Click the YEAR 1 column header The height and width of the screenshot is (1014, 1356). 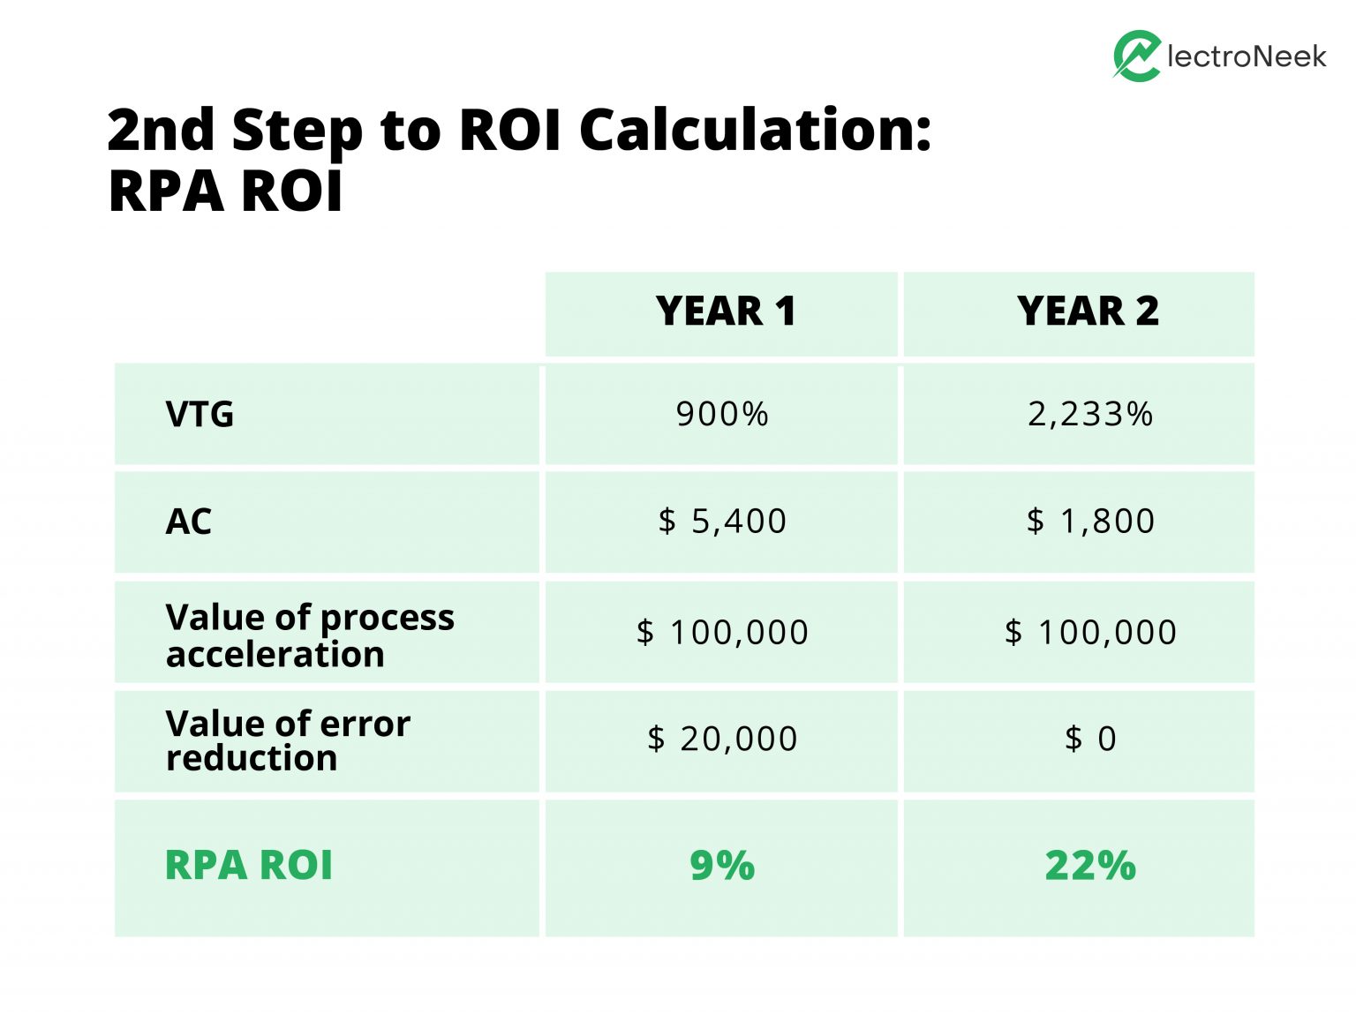(x=725, y=312)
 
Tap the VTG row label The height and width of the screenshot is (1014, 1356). (x=200, y=414)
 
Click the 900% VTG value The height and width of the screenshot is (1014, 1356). (x=722, y=414)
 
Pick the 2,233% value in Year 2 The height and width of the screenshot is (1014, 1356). (x=1089, y=414)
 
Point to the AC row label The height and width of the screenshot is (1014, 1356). (x=188, y=522)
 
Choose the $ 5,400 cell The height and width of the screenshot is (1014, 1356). (x=722, y=522)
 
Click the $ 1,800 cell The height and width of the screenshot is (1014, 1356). (x=1089, y=522)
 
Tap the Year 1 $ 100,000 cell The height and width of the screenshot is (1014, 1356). (x=722, y=633)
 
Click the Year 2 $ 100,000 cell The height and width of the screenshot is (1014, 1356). (x=1089, y=633)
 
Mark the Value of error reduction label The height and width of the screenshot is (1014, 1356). (x=287, y=740)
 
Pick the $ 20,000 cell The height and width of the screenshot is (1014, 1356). (x=722, y=739)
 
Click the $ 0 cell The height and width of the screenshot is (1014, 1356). (x=1089, y=739)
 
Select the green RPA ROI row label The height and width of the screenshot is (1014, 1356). (x=249, y=866)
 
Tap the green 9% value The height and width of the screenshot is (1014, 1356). (x=722, y=866)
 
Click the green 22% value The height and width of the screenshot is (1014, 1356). (x=1089, y=866)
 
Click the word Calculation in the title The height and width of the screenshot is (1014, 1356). (x=755, y=130)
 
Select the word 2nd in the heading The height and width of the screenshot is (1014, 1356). (x=161, y=130)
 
